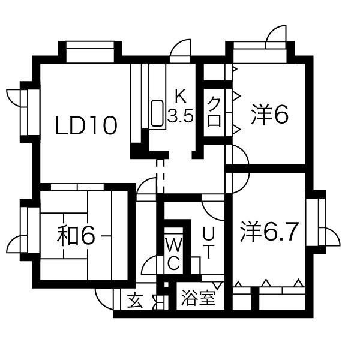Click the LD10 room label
[x=86, y=125]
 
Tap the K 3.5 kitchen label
[x=181, y=106]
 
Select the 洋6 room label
[x=269, y=115]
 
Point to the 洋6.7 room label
[x=269, y=232]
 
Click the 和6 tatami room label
[x=76, y=236]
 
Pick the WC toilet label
[x=174, y=254]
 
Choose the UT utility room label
[x=209, y=242]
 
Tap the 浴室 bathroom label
[x=199, y=298]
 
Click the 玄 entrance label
[x=135, y=301]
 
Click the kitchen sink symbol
[x=157, y=113]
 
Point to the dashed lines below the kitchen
[x=160, y=176]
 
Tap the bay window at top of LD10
[x=90, y=52]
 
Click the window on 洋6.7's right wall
[x=316, y=222]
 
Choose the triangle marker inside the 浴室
[x=218, y=286]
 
